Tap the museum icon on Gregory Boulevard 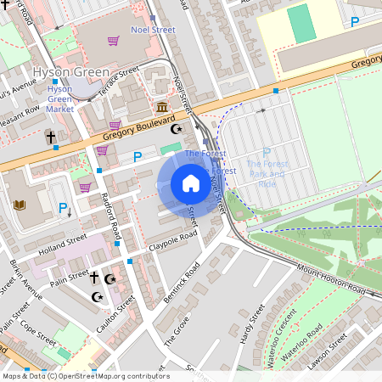pos(162,107)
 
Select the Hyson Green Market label pos(60,98)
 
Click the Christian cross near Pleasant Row pos(50,137)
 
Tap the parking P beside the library pos(62,207)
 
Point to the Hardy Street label pos(247,328)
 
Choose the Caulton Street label pos(115,313)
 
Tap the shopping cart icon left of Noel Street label pos(114,40)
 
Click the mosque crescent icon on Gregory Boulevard pos(177,129)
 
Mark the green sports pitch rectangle pos(301,24)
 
